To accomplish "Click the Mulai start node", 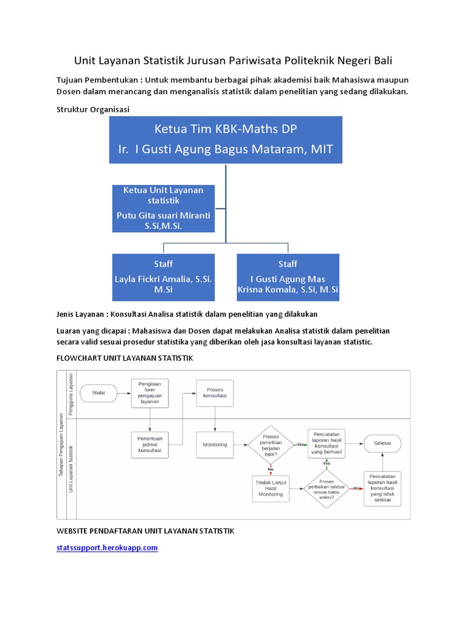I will pyautogui.click(x=99, y=392).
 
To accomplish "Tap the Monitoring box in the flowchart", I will pyautogui.click(x=215, y=445).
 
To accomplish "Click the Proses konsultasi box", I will pyautogui.click(x=215, y=392).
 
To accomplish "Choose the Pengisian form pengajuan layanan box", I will pyautogui.click(x=150, y=393).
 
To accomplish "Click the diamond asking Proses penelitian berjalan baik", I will pyautogui.click(x=270, y=445).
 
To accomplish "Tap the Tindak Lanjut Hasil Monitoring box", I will pyautogui.click(x=271, y=488).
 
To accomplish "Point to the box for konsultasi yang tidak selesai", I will pyautogui.click(x=382, y=487).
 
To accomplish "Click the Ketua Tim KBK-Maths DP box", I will pyautogui.click(x=226, y=140).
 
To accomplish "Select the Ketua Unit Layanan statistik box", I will pyautogui.click(x=164, y=208).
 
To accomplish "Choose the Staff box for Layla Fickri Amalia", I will pyautogui.click(x=164, y=278).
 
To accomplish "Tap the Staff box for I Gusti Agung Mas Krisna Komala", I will pyautogui.click(x=288, y=278).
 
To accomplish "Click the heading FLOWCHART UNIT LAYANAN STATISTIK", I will pyautogui.click(x=125, y=358).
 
